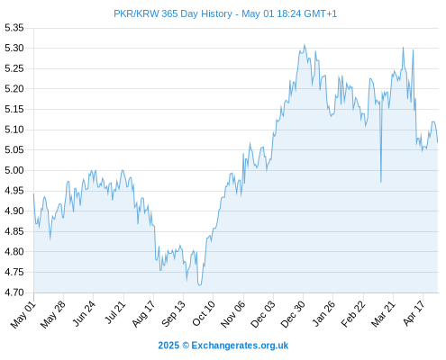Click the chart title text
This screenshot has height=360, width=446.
225,13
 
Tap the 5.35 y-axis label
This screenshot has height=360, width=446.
14,28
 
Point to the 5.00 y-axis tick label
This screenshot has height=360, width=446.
14,170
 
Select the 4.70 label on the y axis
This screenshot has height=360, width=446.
14,292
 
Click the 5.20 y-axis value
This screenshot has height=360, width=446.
14,89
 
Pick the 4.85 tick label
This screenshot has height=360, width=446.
14,231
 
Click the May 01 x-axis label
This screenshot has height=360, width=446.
23,315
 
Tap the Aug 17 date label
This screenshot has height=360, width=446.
143,314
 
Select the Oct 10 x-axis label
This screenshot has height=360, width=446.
204,314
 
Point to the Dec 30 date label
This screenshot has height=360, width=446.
293,314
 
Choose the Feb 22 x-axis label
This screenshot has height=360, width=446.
353,314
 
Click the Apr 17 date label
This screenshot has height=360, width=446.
414,313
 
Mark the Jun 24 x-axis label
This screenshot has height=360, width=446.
84,314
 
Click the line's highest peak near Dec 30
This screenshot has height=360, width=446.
305,45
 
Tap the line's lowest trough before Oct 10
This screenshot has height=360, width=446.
200,284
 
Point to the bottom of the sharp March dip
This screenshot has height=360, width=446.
381,182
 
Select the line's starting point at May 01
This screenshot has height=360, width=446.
33,193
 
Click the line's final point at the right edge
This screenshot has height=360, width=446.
438,142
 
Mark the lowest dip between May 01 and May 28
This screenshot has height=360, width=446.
50,239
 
